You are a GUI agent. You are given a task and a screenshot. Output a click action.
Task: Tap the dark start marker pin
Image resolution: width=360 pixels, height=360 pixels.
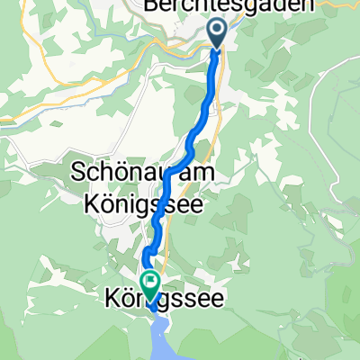pos(218,33)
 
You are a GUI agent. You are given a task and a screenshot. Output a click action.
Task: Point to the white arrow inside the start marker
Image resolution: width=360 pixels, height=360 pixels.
pos(218,30)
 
